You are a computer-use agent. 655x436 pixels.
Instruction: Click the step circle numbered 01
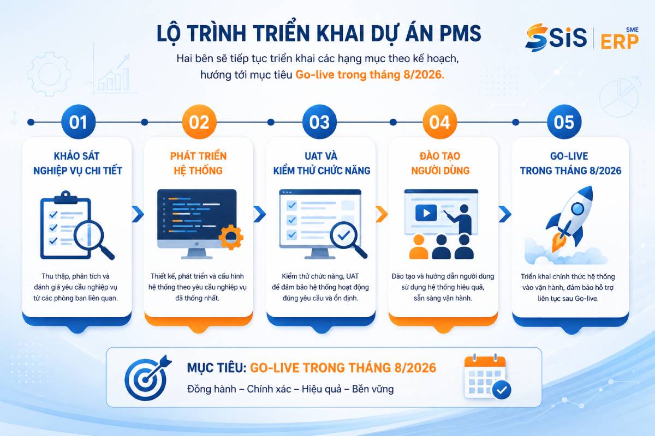click(79, 122)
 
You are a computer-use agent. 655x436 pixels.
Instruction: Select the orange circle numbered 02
click(199, 122)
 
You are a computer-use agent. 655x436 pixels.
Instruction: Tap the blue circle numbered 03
click(320, 122)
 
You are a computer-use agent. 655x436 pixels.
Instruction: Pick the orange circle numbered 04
click(440, 122)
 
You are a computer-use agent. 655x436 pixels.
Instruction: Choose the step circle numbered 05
click(564, 122)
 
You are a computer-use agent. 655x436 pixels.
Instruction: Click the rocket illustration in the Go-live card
click(569, 219)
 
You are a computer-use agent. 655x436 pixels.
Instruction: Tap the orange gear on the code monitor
click(231, 237)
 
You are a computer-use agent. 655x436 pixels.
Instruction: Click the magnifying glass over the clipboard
click(93, 239)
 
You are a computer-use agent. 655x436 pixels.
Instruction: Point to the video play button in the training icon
click(426, 213)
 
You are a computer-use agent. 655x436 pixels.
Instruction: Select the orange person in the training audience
click(419, 247)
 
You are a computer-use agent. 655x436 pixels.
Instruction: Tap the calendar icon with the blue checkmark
click(487, 377)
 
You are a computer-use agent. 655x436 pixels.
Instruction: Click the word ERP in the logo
click(620, 42)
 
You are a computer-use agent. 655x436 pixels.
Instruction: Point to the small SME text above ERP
click(632, 30)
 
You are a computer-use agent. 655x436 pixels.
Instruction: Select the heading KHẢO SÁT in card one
click(76, 156)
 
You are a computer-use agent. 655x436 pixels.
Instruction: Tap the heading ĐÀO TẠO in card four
click(440, 156)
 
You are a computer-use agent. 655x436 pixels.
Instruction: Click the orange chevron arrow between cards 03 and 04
click(382, 214)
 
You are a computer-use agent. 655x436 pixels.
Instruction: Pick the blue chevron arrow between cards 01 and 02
click(138, 214)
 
